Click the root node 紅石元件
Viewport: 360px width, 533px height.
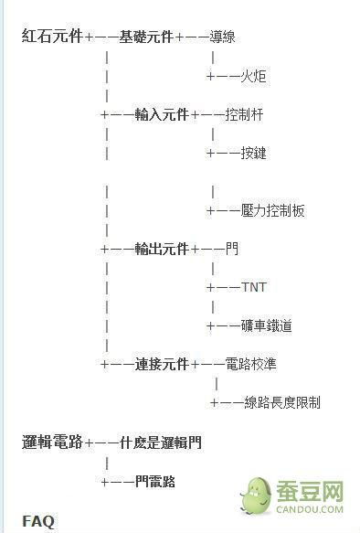[x=52, y=37]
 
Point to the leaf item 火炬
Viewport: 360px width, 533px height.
[x=254, y=76]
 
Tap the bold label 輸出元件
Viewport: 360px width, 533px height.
[x=162, y=249]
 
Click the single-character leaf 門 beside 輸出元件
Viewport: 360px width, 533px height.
[x=231, y=249]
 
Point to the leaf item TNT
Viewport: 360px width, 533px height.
[x=254, y=287]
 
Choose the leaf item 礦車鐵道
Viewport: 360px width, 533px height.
[x=267, y=325]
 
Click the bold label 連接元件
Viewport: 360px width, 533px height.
[x=162, y=364]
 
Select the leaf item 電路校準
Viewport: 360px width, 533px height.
[x=250, y=364]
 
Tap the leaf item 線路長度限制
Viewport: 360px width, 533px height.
[x=281, y=402]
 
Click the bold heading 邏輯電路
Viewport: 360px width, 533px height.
[x=52, y=442]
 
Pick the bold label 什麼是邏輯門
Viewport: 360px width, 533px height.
[x=161, y=442]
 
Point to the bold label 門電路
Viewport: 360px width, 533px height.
[x=154, y=481]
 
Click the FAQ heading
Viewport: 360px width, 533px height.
[x=38, y=521]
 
